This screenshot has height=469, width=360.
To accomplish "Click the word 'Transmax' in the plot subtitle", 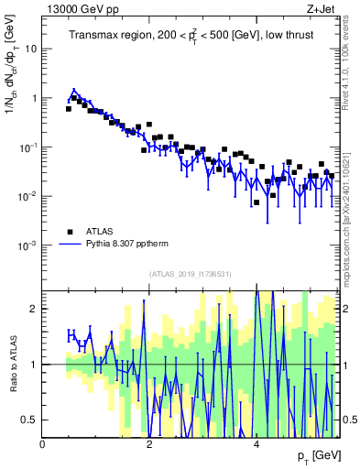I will tap(95, 36).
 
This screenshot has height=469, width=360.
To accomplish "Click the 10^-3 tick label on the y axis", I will tap(27, 245).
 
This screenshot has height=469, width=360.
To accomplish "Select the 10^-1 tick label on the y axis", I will tap(27, 147).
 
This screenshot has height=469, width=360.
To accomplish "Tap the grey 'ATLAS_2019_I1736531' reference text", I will tap(191, 274).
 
